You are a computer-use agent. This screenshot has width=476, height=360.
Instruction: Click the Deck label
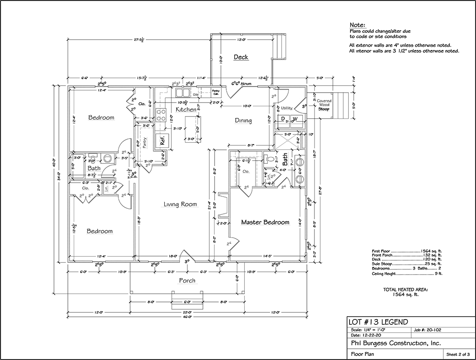[x=241, y=57]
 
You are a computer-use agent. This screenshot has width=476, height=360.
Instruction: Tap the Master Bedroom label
[x=265, y=222]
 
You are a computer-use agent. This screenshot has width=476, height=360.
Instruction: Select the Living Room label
[x=180, y=204]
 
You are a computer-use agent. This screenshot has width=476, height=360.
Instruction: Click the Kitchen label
[x=186, y=109]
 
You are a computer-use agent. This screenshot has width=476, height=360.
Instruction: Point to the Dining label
[x=243, y=121]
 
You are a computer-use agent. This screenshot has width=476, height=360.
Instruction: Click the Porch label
[x=187, y=280]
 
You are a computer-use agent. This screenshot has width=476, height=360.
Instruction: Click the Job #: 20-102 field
[x=429, y=330]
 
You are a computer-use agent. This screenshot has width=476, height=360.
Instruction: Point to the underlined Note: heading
[x=358, y=25]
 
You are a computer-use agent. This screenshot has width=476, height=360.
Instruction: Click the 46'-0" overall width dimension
[x=187, y=317]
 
